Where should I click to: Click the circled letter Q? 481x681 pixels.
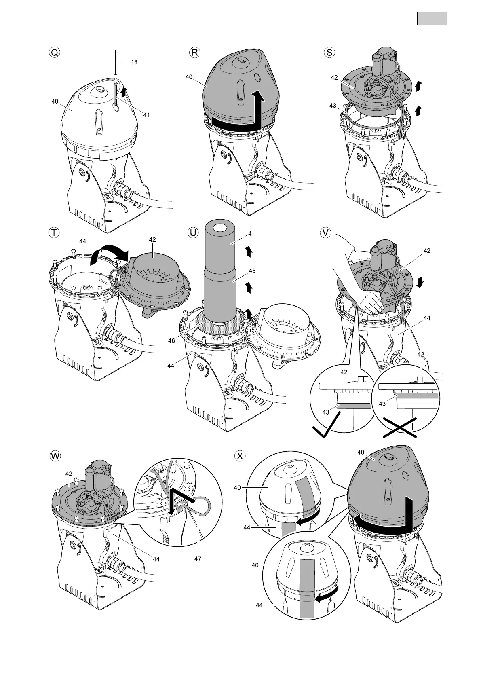(x=53, y=53)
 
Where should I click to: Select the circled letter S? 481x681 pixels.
(x=330, y=53)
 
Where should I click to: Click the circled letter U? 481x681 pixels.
(x=194, y=233)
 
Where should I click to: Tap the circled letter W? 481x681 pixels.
(x=54, y=456)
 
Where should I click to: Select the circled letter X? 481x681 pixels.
(x=240, y=456)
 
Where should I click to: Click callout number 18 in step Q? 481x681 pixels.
(x=134, y=62)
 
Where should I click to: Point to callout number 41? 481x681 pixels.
(x=146, y=115)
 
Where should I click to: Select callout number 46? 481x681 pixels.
(x=172, y=340)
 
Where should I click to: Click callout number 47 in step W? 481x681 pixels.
(x=198, y=559)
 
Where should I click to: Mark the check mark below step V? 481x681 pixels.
(x=327, y=427)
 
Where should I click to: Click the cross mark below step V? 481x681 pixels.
(x=399, y=428)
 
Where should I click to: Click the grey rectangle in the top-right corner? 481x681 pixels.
(x=432, y=19)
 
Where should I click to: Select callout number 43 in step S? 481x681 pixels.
(x=333, y=106)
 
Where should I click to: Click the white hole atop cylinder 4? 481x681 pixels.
(x=220, y=228)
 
